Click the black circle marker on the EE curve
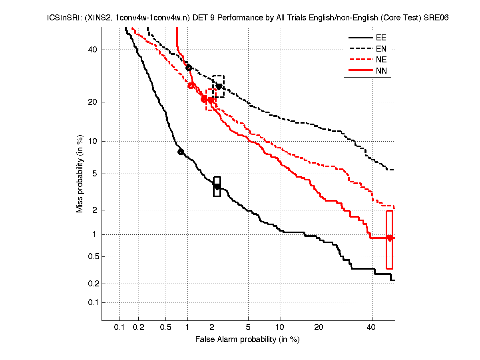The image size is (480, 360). coord(181,152)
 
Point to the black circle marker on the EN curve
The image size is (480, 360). coord(189,68)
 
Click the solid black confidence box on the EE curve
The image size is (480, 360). coord(217,186)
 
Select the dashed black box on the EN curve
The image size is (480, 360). coord(218,86)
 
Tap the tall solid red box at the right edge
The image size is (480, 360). coord(390,240)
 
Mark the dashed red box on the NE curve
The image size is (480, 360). coord(211,100)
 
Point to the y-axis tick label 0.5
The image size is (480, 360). coord(92,256)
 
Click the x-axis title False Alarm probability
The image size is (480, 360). coord(247,339)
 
